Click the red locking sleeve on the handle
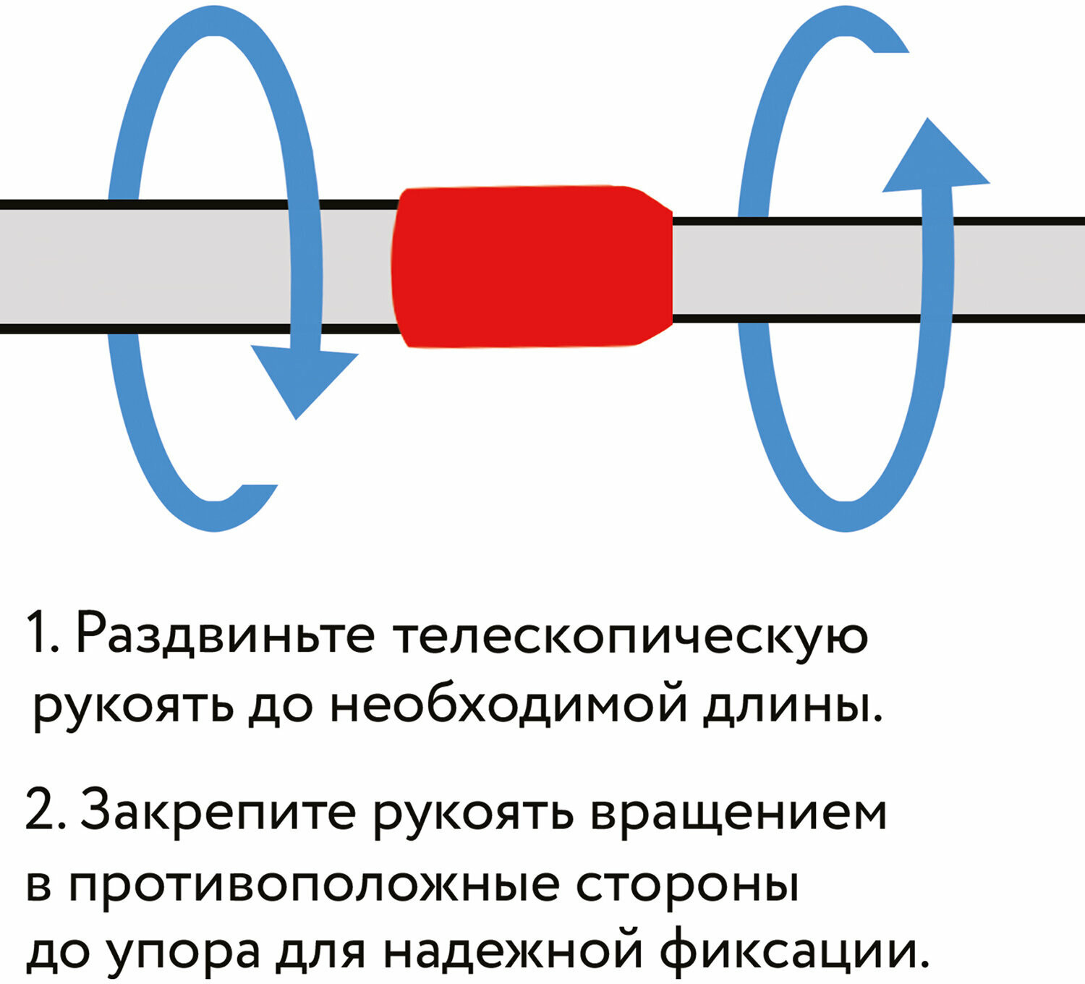click(x=532, y=266)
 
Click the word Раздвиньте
click(x=225, y=635)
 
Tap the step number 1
click(x=41, y=635)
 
